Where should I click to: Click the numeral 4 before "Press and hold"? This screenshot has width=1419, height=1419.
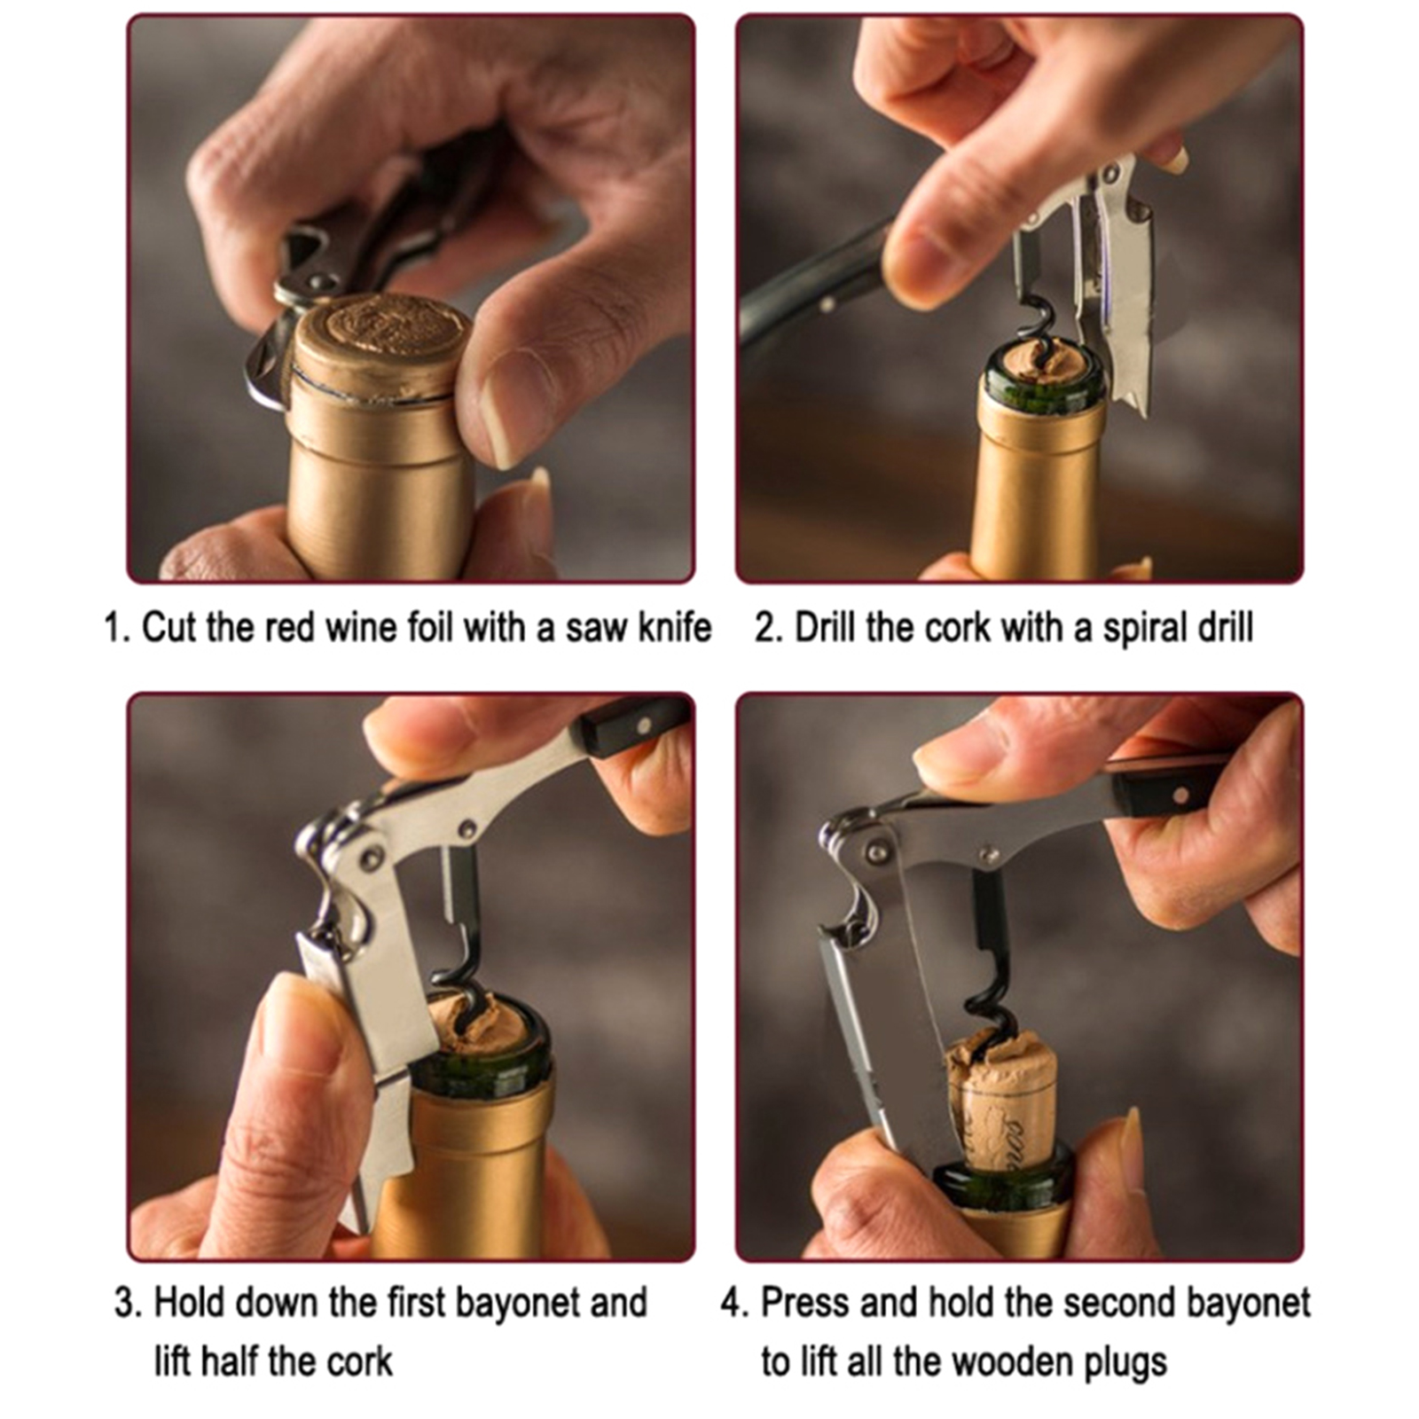click(733, 1304)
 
